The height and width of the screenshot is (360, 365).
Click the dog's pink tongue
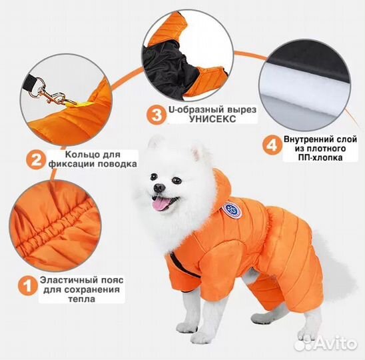[x=161, y=203]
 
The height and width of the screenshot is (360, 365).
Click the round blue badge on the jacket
[x=230, y=211]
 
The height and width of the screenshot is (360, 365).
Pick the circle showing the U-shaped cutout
[x=188, y=55]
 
